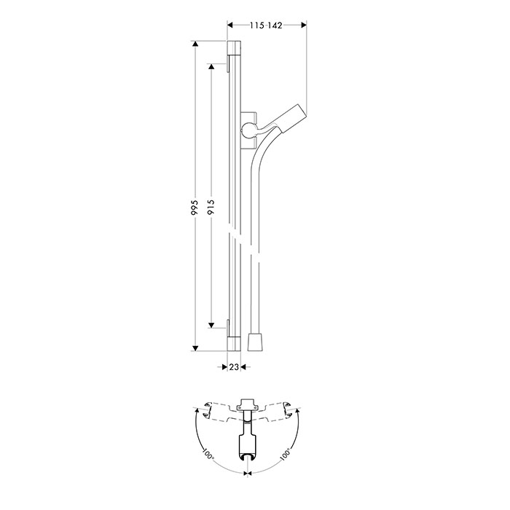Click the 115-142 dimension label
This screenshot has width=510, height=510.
266,25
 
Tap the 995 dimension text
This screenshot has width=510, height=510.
195,207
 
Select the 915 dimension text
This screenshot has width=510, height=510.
211,207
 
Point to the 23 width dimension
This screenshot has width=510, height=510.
234,367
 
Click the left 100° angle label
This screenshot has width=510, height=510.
208,454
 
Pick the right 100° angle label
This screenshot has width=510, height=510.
286,454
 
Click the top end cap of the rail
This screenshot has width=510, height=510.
234,48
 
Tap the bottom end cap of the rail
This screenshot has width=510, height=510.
234,344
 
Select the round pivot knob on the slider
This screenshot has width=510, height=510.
249,130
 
